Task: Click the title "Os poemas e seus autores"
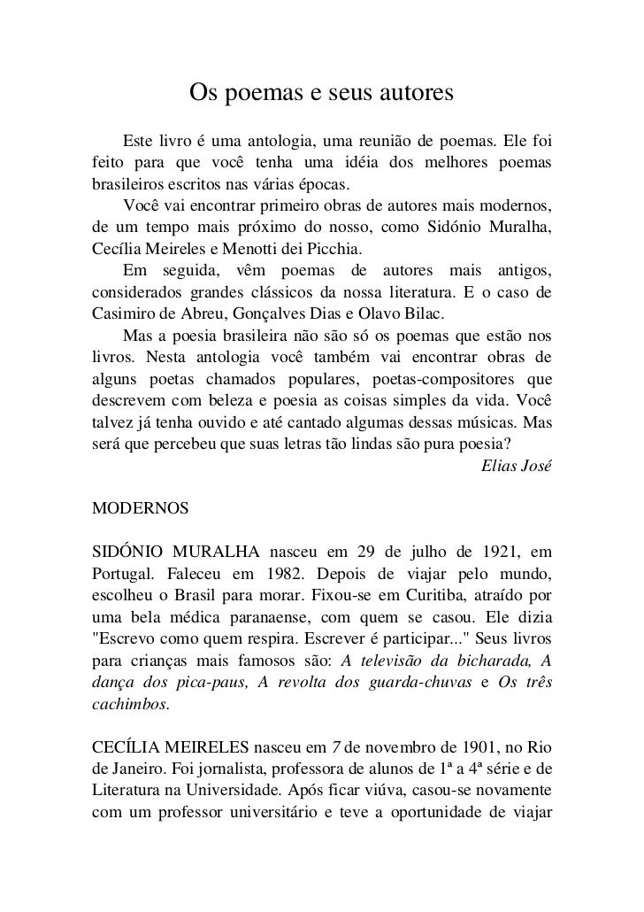click(322, 92)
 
